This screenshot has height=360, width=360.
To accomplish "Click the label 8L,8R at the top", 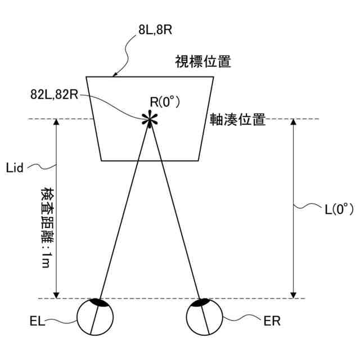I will [x=155, y=30].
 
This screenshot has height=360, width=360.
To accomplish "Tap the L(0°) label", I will [x=339, y=209].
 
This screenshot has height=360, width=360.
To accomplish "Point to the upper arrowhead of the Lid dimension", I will [x=56, y=122].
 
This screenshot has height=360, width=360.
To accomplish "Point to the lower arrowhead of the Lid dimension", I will [x=56, y=295].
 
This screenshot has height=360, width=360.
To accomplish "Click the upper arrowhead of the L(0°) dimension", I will [x=293, y=122].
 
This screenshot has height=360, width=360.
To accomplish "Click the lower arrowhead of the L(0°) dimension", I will [x=293, y=295].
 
